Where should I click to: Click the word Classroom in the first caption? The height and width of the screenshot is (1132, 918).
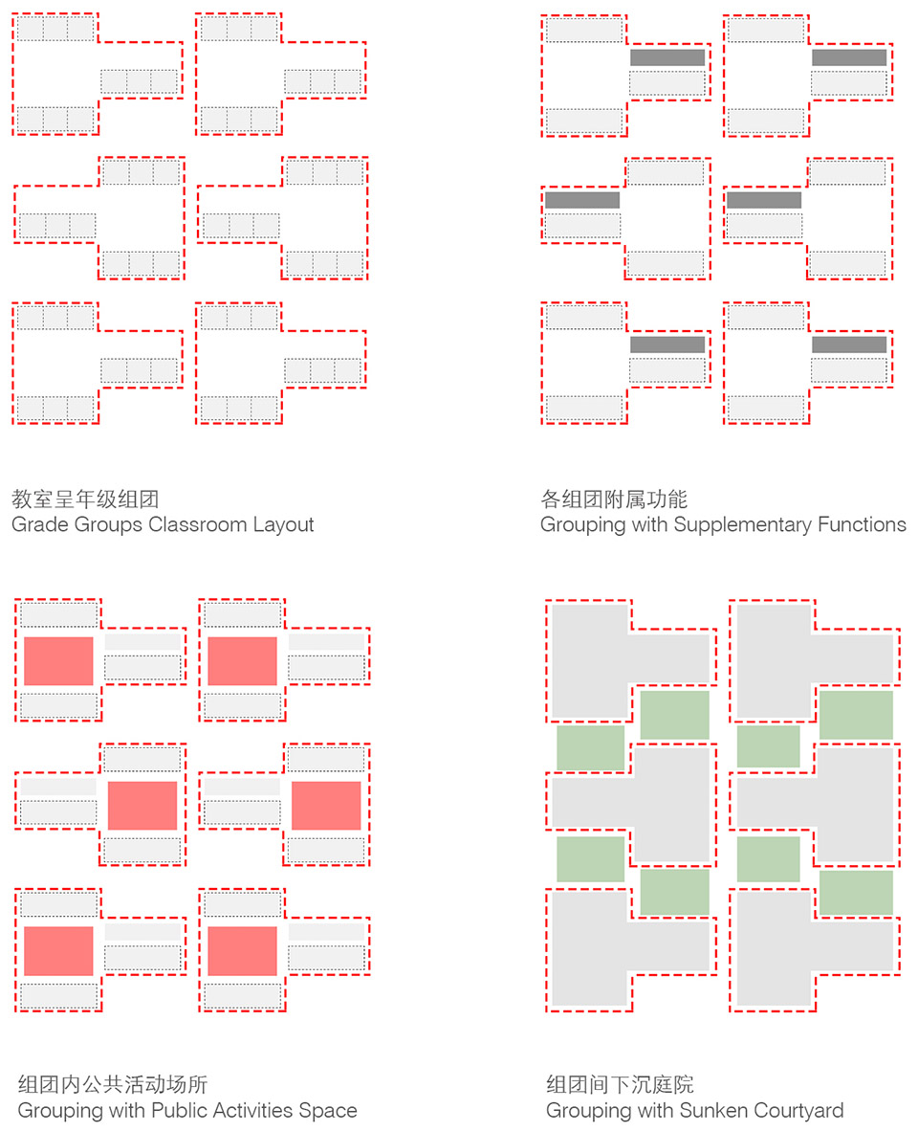197,524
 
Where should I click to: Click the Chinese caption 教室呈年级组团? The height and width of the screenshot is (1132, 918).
85,499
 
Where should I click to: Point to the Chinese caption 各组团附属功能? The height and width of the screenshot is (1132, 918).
614,499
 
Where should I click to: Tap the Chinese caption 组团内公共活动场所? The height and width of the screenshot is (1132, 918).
113,1083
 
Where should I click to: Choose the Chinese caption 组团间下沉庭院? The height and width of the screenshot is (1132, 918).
620,1083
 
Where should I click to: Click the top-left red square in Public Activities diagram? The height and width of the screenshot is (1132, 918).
58,660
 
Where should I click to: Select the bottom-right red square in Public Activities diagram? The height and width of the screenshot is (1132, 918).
243,951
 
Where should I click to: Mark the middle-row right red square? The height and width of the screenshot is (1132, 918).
326,806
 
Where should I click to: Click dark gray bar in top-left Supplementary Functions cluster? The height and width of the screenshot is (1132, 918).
667,57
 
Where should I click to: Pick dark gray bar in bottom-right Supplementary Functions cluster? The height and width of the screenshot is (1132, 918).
849,344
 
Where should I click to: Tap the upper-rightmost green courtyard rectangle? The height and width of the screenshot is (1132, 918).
856,715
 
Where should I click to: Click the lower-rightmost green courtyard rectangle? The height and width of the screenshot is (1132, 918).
856,893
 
